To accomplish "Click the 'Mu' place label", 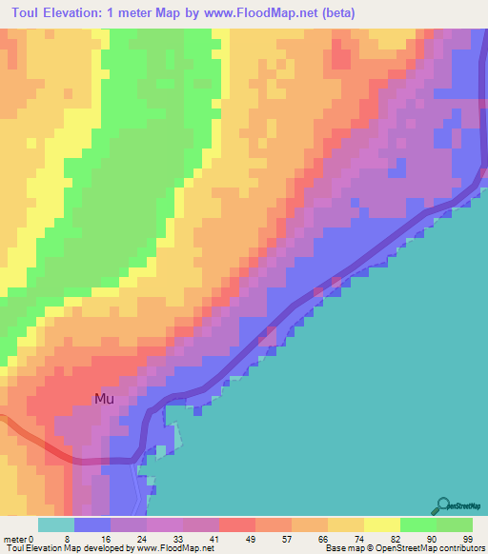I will [x=104, y=399].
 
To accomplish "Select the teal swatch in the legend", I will [x=56, y=524].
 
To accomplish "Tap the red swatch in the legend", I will [x=237, y=524].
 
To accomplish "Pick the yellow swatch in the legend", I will [x=381, y=524].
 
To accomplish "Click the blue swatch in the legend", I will [x=92, y=524].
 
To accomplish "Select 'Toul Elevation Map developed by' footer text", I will [x=68, y=548].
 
